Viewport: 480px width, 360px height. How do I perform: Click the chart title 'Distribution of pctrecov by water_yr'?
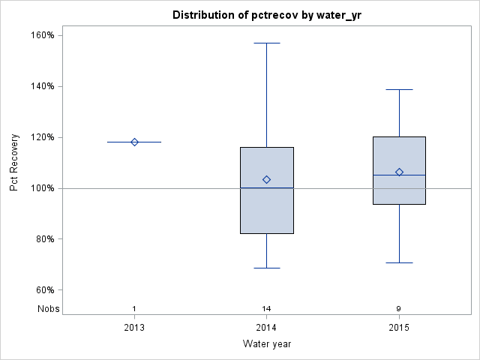tap(266, 15)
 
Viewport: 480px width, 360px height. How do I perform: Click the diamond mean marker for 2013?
tap(134, 142)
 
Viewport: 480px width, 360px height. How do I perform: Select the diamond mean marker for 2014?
tap(266, 180)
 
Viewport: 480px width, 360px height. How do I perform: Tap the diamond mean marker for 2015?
tap(399, 172)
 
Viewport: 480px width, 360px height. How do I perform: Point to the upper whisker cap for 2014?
tap(266, 43)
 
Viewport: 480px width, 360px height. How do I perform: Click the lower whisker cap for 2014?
tap(266, 268)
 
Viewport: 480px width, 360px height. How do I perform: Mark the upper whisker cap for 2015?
tap(399, 89)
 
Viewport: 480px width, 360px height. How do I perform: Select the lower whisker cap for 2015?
tap(399, 262)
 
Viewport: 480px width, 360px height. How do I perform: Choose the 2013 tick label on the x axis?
tap(134, 328)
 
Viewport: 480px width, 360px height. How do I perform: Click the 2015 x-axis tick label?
tap(399, 328)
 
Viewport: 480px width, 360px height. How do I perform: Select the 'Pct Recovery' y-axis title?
tap(14, 163)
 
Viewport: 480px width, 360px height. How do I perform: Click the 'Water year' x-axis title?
tap(266, 344)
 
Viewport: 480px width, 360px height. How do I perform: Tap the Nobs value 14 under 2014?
tap(266, 309)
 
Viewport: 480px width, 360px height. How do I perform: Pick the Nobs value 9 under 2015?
tap(399, 309)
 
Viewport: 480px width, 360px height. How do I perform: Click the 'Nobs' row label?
tap(48, 309)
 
